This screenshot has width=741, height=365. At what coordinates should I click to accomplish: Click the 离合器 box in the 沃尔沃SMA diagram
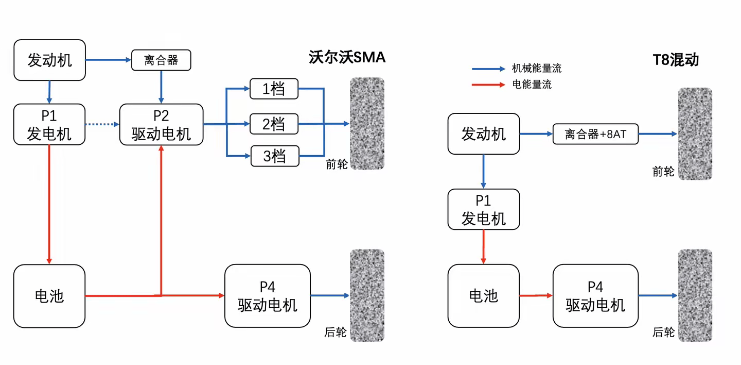point(161,60)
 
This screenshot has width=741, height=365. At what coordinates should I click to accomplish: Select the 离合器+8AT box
point(595,134)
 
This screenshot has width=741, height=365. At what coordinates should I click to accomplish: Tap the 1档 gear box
point(274,89)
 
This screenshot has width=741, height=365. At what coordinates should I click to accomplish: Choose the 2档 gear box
point(274,124)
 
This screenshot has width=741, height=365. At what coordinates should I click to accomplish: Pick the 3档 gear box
point(274,156)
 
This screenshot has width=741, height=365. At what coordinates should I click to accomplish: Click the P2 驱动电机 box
point(161,124)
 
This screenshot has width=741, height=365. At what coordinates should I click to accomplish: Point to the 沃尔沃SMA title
point(347,57)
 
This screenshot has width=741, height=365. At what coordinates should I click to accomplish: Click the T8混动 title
point(676,59)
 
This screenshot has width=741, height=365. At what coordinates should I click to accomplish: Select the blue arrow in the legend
point(488,69)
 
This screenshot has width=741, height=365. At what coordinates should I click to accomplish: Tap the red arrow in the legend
point(488,85)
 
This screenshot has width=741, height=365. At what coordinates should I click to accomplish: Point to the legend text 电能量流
point(532,85)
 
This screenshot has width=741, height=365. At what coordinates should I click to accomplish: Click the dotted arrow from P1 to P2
point(101,124)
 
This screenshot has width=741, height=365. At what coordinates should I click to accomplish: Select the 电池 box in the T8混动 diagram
point(483,296)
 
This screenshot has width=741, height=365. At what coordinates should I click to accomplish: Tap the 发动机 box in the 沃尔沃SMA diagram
point(49,60)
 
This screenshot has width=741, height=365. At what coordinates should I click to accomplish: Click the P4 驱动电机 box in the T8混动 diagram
point(595,296)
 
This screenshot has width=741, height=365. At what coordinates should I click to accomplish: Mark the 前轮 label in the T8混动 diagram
point(663,172)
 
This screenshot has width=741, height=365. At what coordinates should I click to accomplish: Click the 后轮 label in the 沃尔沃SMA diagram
point(336,333)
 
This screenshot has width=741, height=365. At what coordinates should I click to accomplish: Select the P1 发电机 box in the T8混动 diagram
point(483,209)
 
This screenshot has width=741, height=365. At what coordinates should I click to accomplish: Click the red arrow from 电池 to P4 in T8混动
point(536,296)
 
